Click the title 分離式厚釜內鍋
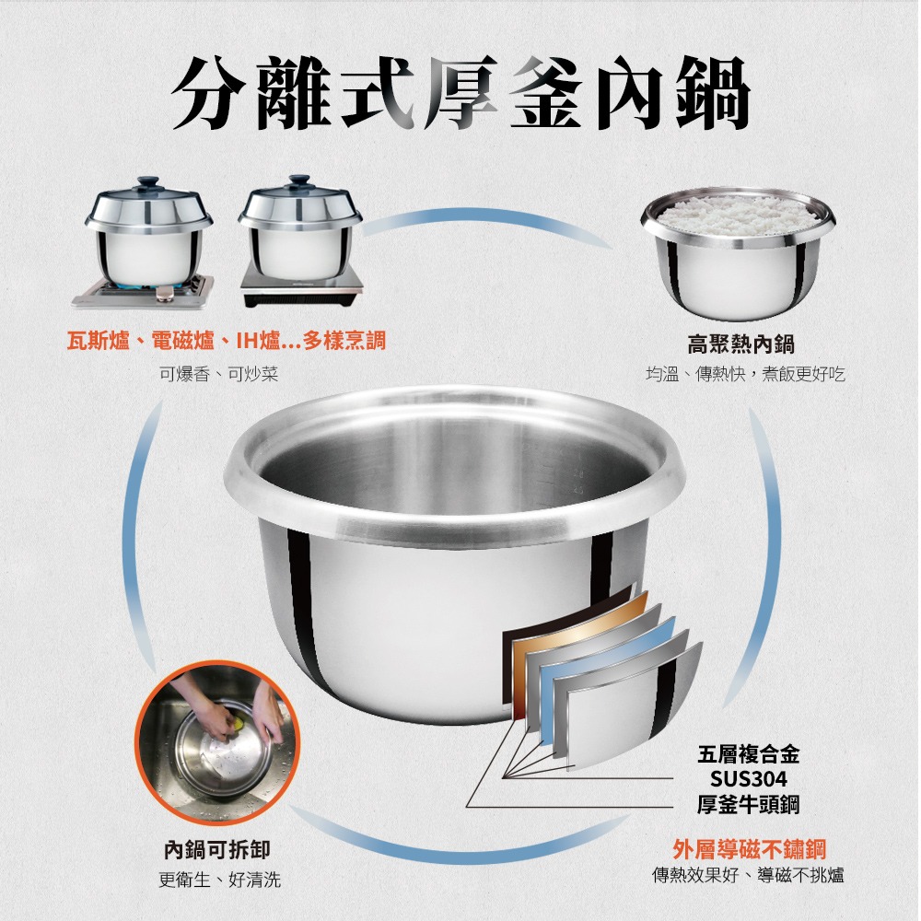[460, 92]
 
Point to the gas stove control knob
[165, 294]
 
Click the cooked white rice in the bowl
[738, 213]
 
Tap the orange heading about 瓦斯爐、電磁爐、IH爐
[227, 342]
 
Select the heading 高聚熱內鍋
[740, 344]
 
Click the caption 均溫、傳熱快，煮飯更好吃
[744, 375]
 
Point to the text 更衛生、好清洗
[219, 880]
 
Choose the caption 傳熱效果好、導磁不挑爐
[748, 875]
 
